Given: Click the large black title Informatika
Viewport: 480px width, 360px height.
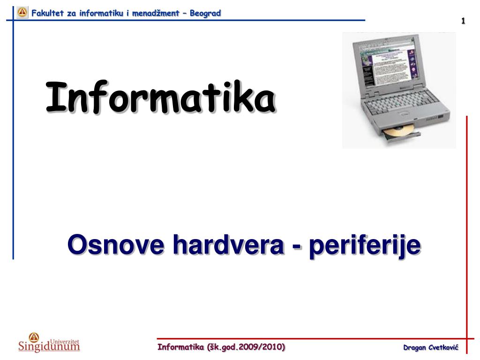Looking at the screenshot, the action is click(x=161, y=97).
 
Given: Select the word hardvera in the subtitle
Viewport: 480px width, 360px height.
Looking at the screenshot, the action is click(x=229, y=244).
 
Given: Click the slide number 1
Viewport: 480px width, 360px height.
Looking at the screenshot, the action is click(x=463, y=21).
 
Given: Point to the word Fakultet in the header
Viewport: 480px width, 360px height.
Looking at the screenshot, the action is click(x=47, y=13).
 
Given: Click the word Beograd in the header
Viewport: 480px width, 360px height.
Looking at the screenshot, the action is click(x=205, y=13).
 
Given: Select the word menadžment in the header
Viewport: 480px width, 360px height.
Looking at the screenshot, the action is click(x=156, y=13).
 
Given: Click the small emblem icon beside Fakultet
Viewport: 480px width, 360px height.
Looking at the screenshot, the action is click(x=22, y=12).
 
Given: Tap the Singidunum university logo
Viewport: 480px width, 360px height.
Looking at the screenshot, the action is click(x=49, y=342).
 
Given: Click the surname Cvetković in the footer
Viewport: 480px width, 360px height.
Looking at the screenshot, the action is click(x=443, y=347).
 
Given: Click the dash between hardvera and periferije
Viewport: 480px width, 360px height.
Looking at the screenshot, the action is click(x=297, y=247).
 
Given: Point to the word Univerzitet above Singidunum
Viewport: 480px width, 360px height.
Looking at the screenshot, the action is click(x=64, y=342).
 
